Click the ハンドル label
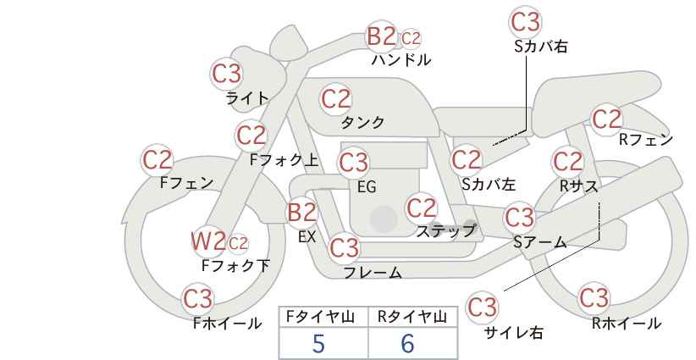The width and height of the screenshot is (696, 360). tap(401, 59)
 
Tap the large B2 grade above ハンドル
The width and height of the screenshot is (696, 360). tap(382, 36)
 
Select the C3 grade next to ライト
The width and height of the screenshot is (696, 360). tap(226, 74)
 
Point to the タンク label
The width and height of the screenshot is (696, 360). tap(362, 122)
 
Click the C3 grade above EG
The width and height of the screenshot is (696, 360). tap(353, 163)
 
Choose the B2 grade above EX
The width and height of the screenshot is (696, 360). tap(301, 213)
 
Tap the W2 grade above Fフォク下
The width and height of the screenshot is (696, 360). tap(208, 241)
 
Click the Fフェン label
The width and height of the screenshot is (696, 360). tap(186, 182)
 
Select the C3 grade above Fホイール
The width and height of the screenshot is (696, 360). tap(198, 299)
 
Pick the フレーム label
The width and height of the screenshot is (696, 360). tap(373, 272)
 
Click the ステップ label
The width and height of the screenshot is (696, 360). tap(445, 231)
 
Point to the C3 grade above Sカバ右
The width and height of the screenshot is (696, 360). tap(526, 22)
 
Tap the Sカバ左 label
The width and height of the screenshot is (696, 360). tap(489, 184)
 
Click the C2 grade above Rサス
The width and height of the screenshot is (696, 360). tap(567, 161)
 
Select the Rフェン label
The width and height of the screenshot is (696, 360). tap(646, 140)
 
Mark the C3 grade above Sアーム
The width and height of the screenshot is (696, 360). tap(520, 217)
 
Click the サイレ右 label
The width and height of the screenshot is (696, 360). tap(514, 332)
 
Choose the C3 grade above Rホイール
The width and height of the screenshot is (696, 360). tap(594, 297)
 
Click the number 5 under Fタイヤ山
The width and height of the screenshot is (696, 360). tap(318, 344)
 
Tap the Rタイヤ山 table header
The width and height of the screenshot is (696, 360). tap(412, 317)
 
